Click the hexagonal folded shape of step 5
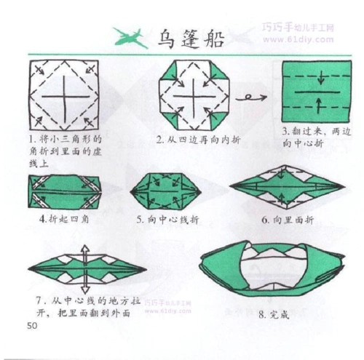165,191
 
